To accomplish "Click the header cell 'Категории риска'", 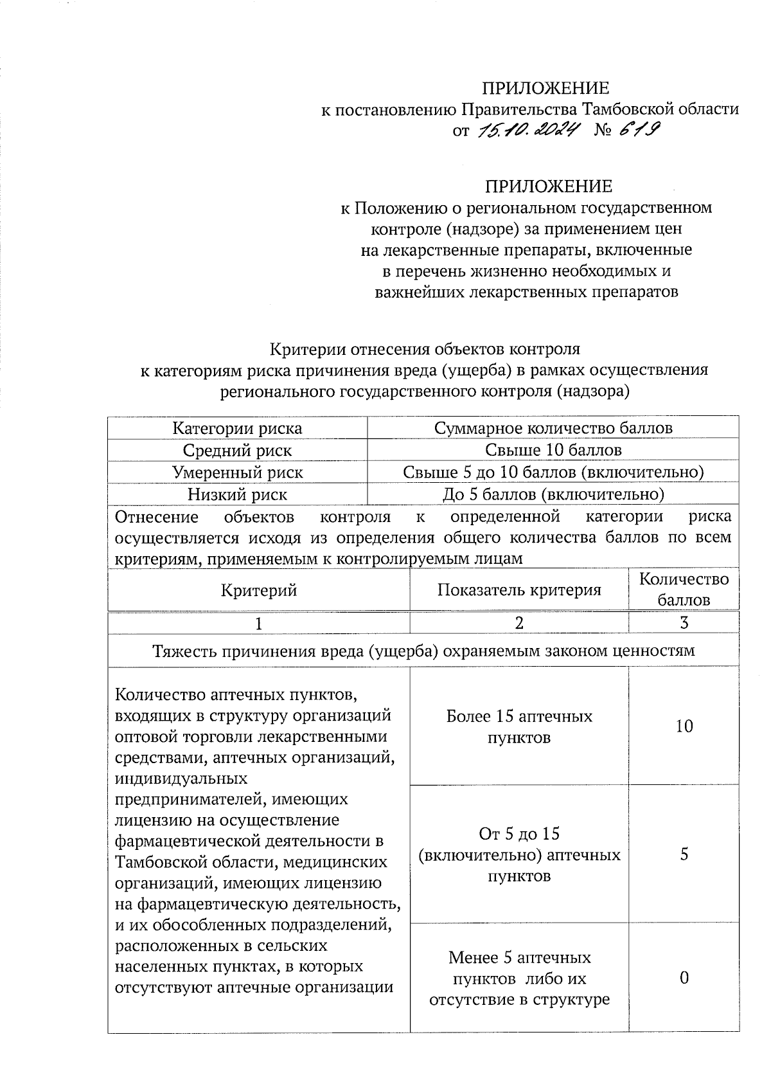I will tap(237, 428).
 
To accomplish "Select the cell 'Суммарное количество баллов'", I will tap(553, 428).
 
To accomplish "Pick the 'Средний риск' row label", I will tap(237, 451).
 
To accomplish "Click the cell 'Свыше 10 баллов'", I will tap(553, 450).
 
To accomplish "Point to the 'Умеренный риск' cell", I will tap(237, 473).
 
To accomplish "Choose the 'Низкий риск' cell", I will tap(237, 494).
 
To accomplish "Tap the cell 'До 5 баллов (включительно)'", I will tap(553, 494).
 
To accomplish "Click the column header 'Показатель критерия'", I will tap(519, 590).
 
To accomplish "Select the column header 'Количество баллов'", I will tap(684, 590).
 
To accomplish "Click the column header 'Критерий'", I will tap(259, 590).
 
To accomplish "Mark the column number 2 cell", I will tap(519, 622).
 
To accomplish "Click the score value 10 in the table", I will tap(684, 726).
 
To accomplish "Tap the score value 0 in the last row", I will tap(684, 978).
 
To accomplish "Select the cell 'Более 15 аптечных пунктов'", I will tap(519, 727).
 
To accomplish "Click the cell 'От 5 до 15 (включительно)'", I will tap(519, 854).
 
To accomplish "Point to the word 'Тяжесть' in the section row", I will tap(185, 651).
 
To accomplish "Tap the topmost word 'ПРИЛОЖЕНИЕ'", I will tap(546, 88).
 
